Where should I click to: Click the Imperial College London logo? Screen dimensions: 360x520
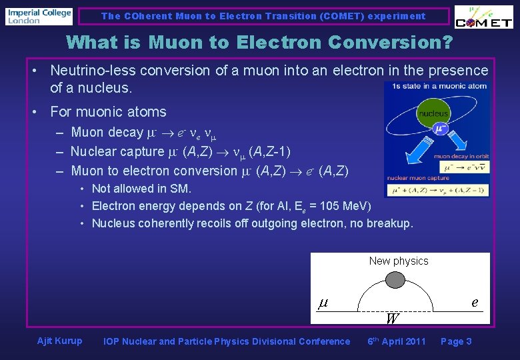tap(39, 16)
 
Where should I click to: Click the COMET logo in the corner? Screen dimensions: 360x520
tap(483, 18)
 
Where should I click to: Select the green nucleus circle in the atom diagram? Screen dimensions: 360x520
tap(433, 113)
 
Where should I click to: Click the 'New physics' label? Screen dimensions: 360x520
tap(399, 261)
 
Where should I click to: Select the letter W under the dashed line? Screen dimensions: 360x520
tap(391, 319)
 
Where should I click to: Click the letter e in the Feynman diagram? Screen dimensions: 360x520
tap(475, 302)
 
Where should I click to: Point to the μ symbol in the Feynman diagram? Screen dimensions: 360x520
tap(322, 303)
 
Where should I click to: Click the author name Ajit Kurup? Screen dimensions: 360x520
tap(60, 341)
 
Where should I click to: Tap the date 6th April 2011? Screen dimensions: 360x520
tap(397, 341)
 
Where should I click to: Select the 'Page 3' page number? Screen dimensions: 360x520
tap(456, 341)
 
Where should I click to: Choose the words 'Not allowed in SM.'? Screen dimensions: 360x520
tap(141, 189)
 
